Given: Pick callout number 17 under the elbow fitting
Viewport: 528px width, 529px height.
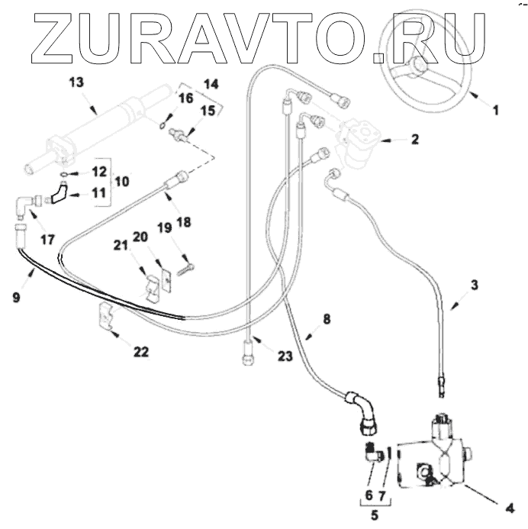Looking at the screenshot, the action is click(47, 239).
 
